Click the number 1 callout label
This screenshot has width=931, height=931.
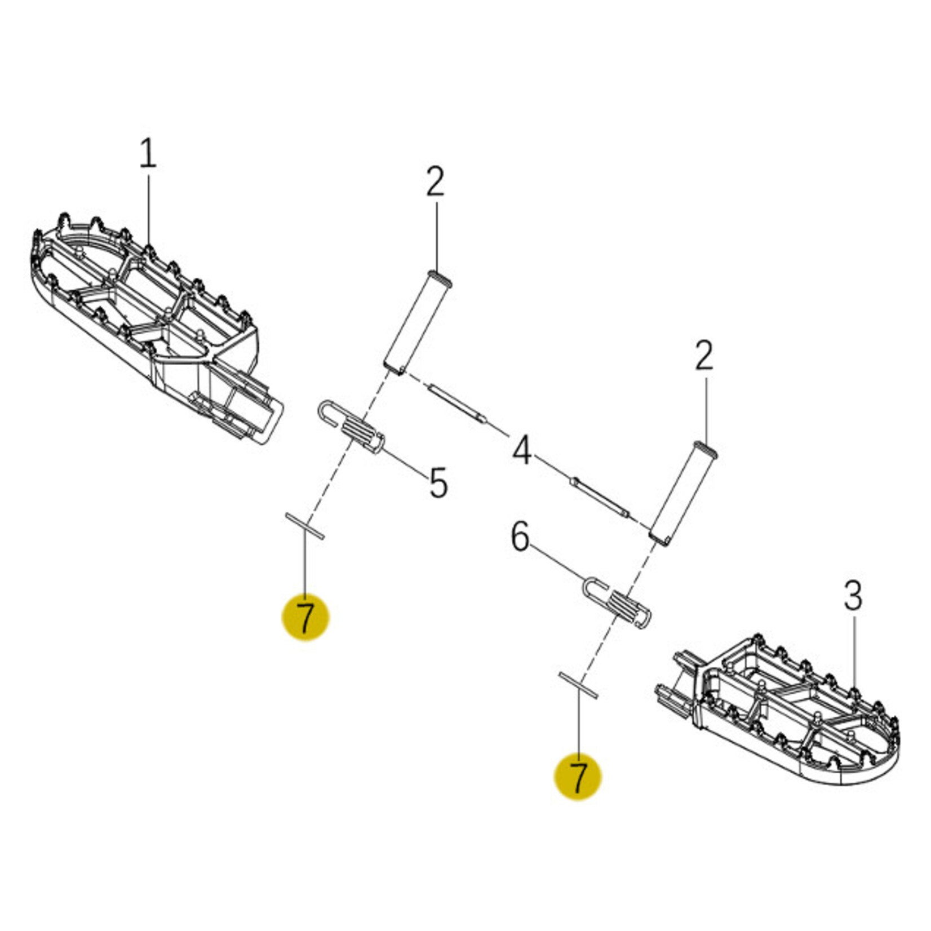[x=148, y=154]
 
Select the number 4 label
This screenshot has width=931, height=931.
[x=522, y=450]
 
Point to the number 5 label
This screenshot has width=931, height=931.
[x=438, y=482]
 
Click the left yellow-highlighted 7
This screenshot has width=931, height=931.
[x=305, y=617]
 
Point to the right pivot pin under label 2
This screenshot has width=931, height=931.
[x=684, y=494]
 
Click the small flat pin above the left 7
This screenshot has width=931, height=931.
[x=305, y=526]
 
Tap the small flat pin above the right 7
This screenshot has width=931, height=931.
[x=578, y=685]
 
